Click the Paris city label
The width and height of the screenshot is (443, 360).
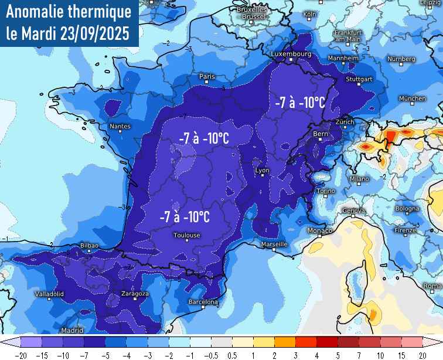point(207,76)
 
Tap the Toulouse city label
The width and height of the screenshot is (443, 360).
point(186,235)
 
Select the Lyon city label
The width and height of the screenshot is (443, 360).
point(263,171)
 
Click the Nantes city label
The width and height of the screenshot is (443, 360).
point(120,126)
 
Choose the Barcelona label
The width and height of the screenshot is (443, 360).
point(203,302)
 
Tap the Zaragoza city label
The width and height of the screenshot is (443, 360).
point(135,293)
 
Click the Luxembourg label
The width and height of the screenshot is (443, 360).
point(291,54)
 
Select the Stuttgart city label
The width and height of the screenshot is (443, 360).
point(359,79)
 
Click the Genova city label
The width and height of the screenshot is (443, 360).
point(353,210)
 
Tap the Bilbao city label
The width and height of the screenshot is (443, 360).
point(88,245)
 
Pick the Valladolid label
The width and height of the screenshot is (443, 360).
point(50,293)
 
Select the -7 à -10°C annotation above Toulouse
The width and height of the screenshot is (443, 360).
point(185,217)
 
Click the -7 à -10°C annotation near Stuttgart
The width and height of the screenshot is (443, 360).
point(299,102)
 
